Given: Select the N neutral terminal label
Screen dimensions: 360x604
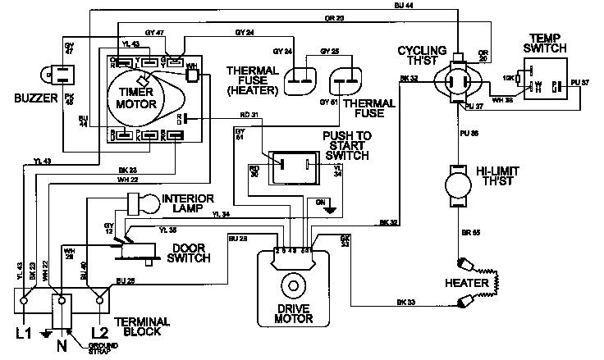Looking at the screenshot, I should tap(61, 345).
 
